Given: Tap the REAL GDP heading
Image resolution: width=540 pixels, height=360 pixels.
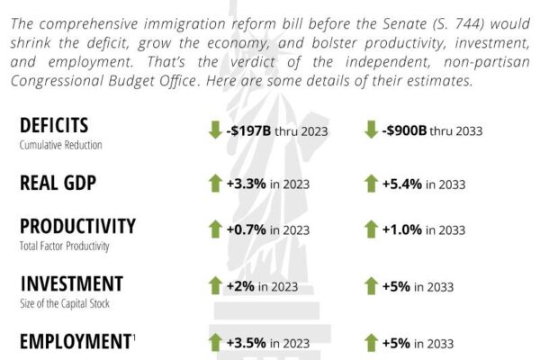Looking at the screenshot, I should (x=58, y=183).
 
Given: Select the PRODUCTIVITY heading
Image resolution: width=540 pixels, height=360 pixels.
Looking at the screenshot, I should (x=77, y=225).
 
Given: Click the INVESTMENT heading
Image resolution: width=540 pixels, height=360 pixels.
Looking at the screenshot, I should (x=71, y=283).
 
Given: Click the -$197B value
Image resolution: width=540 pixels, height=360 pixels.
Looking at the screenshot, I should (x=249, y=130).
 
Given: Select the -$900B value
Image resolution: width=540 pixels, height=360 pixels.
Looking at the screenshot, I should (x=404, y=130).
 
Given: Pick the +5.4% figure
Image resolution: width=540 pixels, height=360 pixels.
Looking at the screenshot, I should (x=401, y=184).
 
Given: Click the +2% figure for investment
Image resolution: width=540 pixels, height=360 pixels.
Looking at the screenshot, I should (x=239, y=286).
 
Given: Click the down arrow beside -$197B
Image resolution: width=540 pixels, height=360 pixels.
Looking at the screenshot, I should (x=215, y=130).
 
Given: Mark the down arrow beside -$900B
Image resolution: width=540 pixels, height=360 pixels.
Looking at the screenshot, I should (x=371, y=130).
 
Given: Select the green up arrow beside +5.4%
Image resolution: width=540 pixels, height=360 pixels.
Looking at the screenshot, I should (x=371, y=184).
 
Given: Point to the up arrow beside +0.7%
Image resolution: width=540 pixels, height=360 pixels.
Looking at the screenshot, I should (x=215, y=230).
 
